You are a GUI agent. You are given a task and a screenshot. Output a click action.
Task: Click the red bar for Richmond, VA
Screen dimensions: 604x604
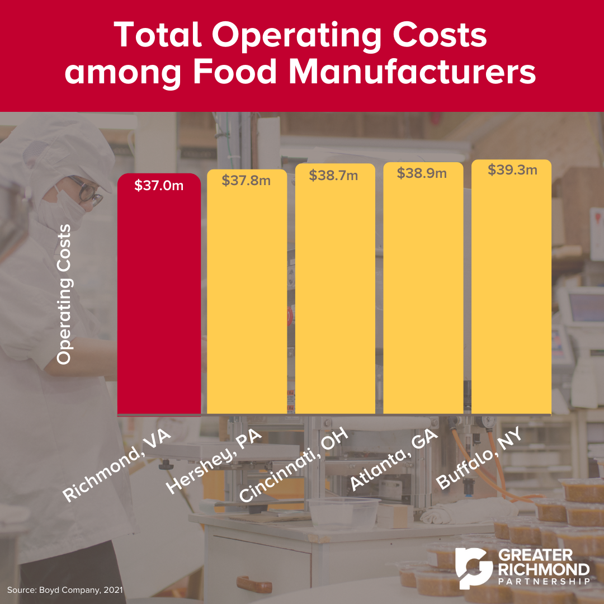tap(159, 302)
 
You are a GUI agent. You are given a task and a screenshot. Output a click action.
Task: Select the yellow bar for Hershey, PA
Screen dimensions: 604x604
tap(247, 302)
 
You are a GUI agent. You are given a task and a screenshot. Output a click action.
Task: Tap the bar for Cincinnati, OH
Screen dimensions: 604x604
tap(334, 302)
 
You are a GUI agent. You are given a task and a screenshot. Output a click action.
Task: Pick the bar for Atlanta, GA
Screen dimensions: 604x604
tap(422, 302)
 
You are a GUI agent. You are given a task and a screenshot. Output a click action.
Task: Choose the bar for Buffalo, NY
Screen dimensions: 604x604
tap(511, 302)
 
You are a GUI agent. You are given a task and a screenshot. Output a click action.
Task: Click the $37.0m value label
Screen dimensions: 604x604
tap(159, 186)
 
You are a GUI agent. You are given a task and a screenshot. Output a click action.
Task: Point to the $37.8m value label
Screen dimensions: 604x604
tap(247, 181)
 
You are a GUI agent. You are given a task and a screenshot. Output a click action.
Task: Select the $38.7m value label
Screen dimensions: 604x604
tap(334, 176)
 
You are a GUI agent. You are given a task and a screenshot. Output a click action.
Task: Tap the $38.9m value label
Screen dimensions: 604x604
tap(422, 173)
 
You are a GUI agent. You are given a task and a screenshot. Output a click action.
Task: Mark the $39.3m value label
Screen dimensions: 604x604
tap(512, 170)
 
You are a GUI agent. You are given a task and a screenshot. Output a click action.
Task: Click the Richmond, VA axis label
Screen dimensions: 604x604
tap(116, 466)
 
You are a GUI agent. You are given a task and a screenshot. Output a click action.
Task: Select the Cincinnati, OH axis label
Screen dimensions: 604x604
tap(294, 465)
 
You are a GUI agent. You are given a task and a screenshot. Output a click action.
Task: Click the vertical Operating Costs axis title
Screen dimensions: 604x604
tap(65, 294)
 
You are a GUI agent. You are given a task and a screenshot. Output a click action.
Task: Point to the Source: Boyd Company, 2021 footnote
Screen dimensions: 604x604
tap(65, 589)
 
